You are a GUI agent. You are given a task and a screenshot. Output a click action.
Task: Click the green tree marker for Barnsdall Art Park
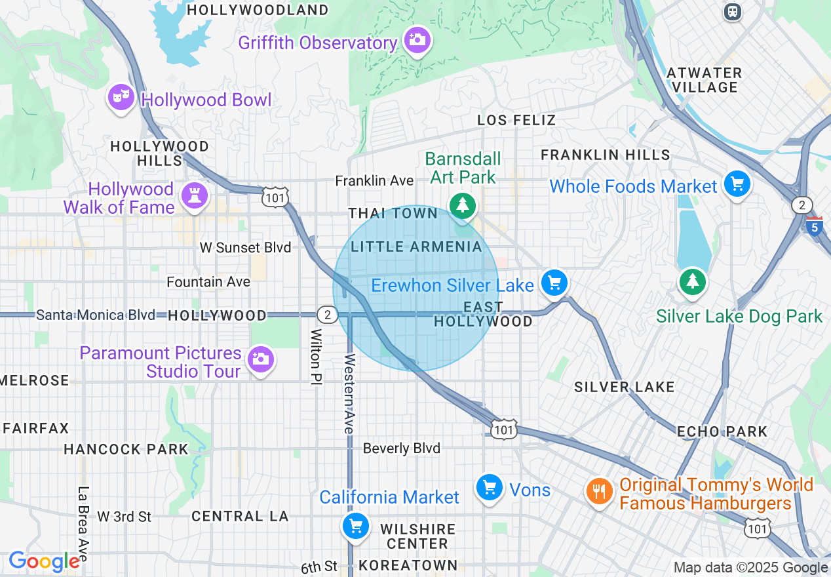coord(463,205)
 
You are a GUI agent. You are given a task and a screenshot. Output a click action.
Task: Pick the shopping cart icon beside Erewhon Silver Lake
coord(554,283)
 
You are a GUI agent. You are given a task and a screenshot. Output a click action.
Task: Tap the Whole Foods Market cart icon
coord(737,184)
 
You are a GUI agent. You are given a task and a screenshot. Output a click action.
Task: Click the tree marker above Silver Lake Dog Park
coord(692,281)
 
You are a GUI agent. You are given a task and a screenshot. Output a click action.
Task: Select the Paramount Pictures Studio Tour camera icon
coord(261,359)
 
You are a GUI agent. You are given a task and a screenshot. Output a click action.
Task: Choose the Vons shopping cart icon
coord(489,488)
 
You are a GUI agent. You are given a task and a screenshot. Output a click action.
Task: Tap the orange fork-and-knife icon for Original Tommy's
coord(599,491)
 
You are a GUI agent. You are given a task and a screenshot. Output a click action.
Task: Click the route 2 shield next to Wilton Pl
coord(327,315)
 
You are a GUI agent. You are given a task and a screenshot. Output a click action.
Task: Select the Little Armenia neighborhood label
coord(416,247)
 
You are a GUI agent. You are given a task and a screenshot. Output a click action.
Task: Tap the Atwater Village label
coord(704,80)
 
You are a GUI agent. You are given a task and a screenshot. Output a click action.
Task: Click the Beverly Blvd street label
coord(401,448)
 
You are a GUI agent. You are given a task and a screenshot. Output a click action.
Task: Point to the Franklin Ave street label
coord(374,180)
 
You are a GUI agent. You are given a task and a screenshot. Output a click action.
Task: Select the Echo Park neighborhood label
coord(722,431)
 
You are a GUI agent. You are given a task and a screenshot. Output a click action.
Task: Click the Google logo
coord(44,561)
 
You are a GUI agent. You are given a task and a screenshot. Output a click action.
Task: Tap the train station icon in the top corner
coord(733,11)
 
